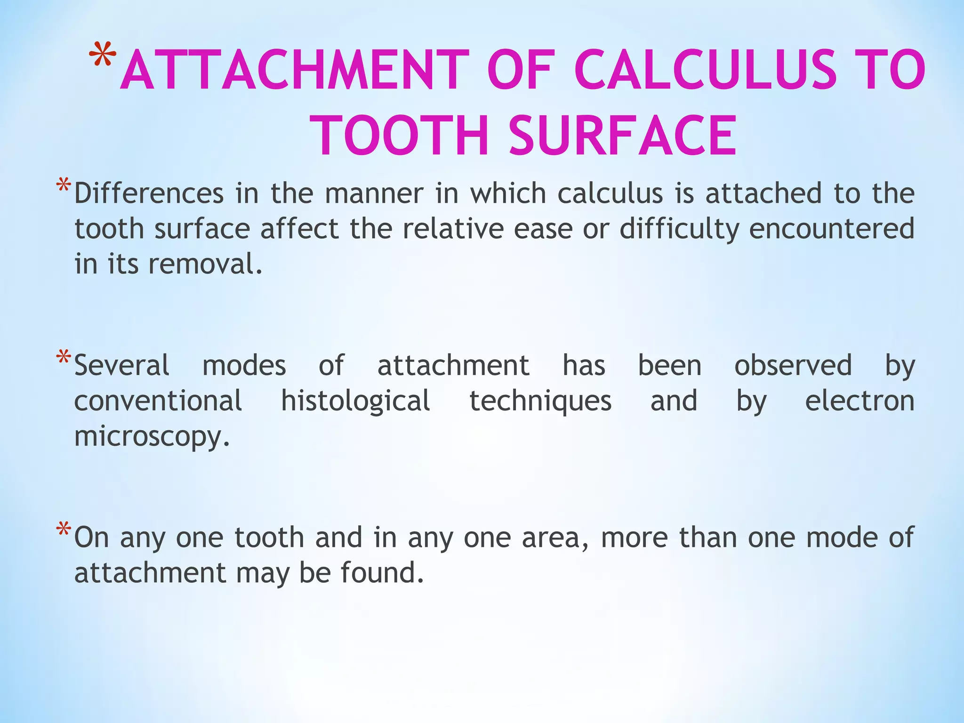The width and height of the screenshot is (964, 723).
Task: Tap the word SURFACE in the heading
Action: click(622, 136)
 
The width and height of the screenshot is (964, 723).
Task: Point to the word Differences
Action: click(149, 193)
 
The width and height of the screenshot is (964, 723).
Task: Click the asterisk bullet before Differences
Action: click(64, 186)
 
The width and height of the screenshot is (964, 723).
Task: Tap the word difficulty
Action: click(679, 229)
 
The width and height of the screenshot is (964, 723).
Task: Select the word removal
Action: click(205, 264)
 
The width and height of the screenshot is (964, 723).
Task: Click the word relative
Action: click(453, 229)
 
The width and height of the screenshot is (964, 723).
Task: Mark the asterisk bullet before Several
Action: click(64, 358)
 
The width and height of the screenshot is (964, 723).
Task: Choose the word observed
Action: click(793, 366)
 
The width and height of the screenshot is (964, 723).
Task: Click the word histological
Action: click(355, 402)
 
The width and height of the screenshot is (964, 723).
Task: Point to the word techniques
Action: click(540, 402)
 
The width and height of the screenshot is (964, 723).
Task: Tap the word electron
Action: click(860, 402)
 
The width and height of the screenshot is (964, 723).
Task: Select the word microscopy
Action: click(152, 437)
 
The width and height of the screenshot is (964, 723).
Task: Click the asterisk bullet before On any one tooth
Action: click(64, 530)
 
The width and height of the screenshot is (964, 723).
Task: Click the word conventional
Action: click(158, 402)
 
